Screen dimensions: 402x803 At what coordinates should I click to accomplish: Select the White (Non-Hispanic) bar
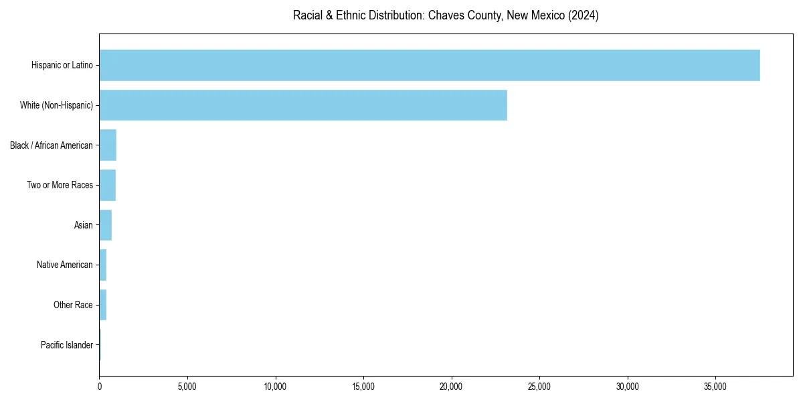[x=303, y=105]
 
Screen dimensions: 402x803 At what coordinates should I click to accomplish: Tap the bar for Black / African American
[x=108, y=145]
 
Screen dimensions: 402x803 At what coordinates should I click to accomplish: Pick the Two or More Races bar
[x=107, y=185]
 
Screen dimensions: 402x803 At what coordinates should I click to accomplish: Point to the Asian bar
[x=105, y=225]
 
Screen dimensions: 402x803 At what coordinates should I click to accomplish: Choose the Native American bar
[x=102, y=265]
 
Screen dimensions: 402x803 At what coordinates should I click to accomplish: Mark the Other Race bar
[x=102, y=305]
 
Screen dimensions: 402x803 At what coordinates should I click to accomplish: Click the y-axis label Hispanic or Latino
[x=62, y=65]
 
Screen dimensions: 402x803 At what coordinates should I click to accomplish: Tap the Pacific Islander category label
[x=67, y=345]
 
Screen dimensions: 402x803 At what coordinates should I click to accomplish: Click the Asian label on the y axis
[x=84, y=225]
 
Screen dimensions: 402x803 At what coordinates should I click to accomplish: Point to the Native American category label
[x=65, y=265]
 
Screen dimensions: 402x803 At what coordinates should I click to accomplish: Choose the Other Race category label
[x=73, y=305]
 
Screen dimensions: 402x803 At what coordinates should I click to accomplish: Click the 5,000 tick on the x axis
[x=187, y=387]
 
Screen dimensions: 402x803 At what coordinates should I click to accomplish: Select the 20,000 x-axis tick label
[x=452, y=387]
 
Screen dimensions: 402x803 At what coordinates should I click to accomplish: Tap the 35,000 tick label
[x=715, y=387]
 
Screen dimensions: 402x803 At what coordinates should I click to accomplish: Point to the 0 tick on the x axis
[x=100, y=387]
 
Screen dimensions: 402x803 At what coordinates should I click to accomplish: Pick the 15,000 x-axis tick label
[x=363, y=387]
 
